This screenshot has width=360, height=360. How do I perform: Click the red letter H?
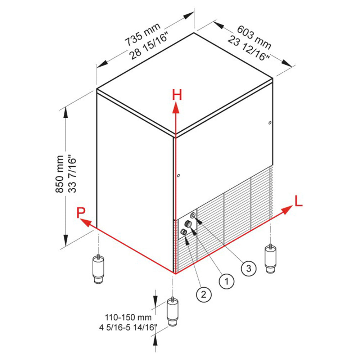[177, 95]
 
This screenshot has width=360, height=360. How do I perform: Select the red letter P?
[81, 213]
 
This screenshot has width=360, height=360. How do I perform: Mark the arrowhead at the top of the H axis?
[175, 107]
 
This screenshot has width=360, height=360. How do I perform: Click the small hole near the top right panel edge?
[270, 123]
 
